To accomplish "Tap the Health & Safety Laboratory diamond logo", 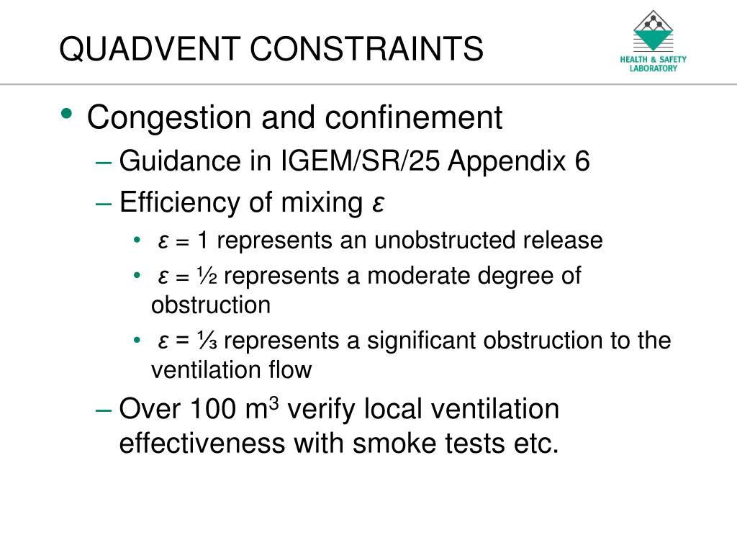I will click(x=654, y=31).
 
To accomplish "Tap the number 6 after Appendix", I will click(x=582, y=161).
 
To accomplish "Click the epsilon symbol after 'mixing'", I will click(x=378, y=205).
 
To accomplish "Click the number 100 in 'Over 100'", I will click(x=216, y=409).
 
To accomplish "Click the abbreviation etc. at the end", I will click(x=535, y=444).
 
